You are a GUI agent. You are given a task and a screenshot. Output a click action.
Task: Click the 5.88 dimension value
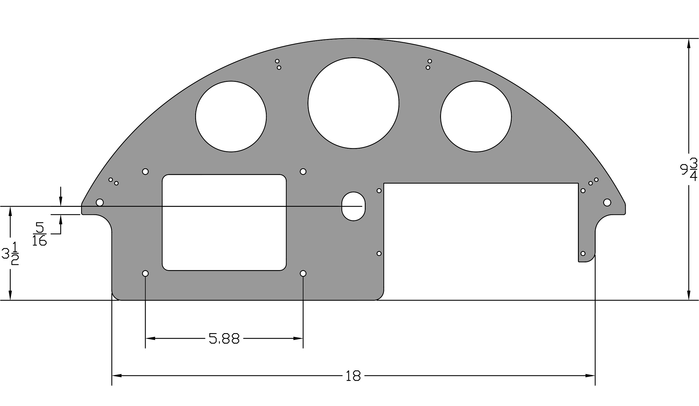pos(224,338)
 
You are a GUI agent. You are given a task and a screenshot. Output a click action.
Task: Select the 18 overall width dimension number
pos(353,376)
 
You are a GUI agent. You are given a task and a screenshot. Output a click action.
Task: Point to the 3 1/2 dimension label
pos(10,254)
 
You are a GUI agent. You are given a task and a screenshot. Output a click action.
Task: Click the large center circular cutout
pos(353,103)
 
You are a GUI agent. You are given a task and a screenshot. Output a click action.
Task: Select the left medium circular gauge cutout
pos(231,116)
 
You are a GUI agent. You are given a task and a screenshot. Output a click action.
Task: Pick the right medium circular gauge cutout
pos(476,116)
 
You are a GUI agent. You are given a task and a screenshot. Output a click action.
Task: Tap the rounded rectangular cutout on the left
pos(224,222)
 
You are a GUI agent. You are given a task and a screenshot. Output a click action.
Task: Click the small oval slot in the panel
pos(353,206)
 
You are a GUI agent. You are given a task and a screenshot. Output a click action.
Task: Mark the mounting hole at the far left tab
pos(100,202)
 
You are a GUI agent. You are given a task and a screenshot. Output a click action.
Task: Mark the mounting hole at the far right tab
pos(607,202)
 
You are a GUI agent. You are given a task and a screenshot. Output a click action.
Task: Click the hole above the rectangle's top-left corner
pos(145,171)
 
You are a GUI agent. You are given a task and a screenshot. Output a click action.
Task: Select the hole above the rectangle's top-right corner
pos(303,171)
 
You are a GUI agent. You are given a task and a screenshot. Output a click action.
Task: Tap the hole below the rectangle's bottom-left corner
pos(145,273)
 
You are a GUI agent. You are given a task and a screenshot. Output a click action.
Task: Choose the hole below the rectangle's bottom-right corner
pos(303,273)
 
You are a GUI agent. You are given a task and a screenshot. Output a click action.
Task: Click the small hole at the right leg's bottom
pos(583,254)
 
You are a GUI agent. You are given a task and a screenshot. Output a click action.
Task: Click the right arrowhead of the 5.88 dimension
pos(298,338)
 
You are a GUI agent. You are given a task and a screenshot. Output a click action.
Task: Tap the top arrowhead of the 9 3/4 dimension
pos(689,43)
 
